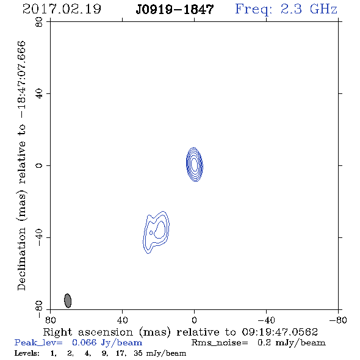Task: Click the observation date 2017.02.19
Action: [62, 9]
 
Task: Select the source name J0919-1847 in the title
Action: [175, 10]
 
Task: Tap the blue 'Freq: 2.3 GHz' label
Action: [286, 10]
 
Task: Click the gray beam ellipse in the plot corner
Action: [68, 301]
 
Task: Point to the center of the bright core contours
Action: [194, 164]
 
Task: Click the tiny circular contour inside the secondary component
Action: [151, 233]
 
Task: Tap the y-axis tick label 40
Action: [39, 93]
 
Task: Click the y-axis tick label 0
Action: [39, 165]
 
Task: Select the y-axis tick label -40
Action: [39, 237]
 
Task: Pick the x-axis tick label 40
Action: [122, 320]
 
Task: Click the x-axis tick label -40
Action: [266, 320]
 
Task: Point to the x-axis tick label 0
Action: [194, 320]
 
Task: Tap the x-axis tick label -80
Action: [338, 320]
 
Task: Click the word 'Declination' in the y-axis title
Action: [21, 259]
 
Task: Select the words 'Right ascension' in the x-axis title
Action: [88, 332]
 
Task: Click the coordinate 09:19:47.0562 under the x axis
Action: [280, 332]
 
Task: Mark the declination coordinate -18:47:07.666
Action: [21, 80]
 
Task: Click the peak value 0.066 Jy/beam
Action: [107, 342]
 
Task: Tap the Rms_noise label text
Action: [220, 343]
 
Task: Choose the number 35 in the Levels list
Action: [139, 353]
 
